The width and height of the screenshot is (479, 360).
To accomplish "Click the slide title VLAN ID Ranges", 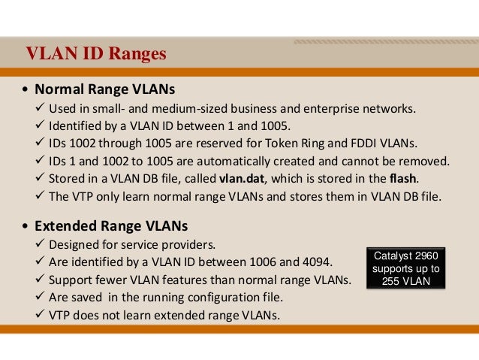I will [95, 55].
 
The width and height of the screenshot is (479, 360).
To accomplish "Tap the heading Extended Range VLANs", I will [110, 225].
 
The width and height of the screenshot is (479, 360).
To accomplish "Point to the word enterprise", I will [324, 107].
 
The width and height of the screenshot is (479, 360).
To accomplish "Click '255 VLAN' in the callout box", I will [406, 282].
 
